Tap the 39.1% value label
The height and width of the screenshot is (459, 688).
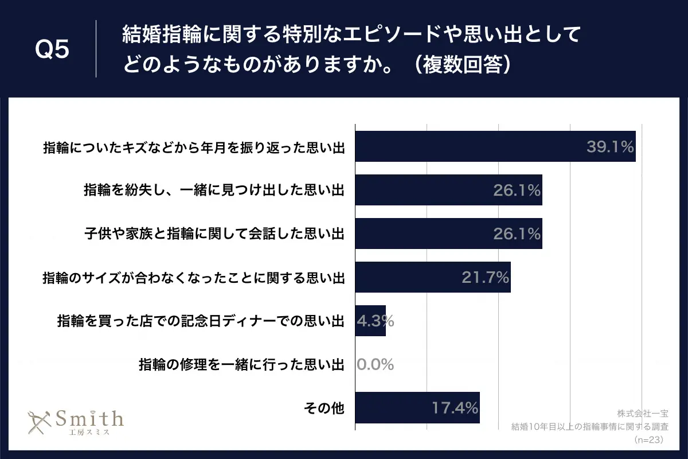pos(609,147)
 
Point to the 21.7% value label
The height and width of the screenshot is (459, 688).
pos(486,278)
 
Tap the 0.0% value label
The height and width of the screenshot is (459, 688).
pos(375,364)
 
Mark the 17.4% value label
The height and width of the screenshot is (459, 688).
pos(455,408)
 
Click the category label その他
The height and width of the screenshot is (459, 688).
pos(323,408)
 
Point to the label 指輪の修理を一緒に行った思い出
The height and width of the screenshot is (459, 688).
pos(241,364)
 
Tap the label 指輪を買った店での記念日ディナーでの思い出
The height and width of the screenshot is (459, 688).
pos(201,321)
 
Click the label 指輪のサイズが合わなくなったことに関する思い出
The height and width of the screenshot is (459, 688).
pos(193,278)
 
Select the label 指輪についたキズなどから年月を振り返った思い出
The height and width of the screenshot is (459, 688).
pos(193,147)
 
